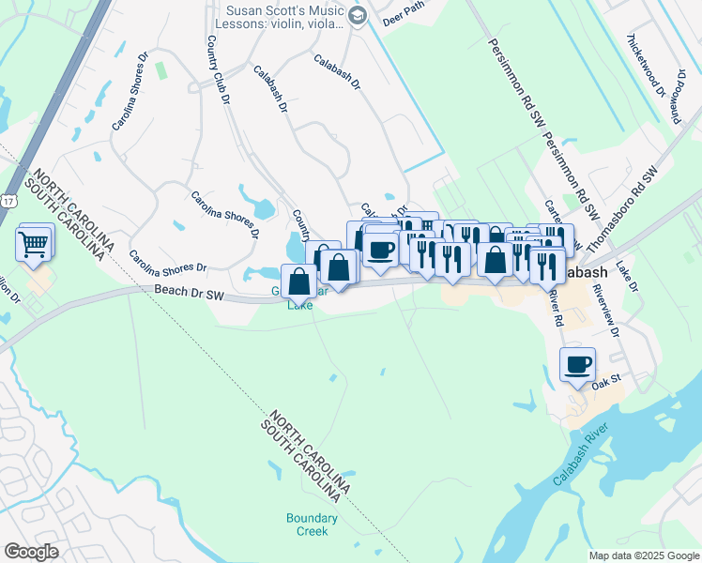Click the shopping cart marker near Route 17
34,245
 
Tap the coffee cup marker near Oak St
578,363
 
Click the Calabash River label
582,456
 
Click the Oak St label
607,383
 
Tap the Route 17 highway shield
8,201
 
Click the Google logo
31,552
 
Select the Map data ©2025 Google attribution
644,555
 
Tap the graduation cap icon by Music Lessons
357,15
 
